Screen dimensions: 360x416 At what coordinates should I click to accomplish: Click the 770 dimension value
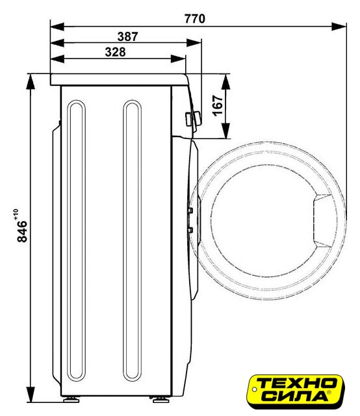[195, 19]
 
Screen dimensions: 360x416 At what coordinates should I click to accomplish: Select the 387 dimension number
[127, 36]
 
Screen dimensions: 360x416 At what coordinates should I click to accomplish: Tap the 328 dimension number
[115, 52]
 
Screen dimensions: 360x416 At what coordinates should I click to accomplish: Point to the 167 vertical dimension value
[218, 105]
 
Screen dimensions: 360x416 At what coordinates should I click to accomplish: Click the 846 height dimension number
[22, 231]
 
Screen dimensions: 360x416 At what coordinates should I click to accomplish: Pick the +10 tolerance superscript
[16, 214]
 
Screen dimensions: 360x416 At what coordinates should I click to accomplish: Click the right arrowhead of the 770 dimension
[339, 27]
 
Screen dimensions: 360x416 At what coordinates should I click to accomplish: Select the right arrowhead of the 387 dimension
[194, 43]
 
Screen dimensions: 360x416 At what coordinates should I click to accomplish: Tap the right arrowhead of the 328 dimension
[178, 59]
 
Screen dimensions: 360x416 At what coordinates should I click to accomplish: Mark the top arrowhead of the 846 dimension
[31, 82]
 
